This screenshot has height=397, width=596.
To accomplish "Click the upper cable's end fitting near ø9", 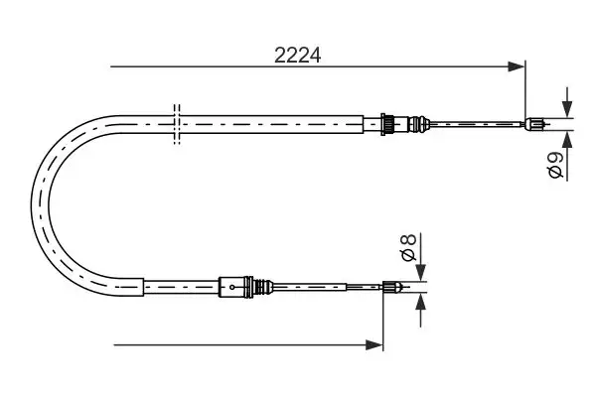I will tap(534, 124).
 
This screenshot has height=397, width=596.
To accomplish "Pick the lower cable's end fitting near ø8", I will tap(393, 289).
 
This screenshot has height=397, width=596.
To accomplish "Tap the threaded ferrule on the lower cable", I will tap(262, 288).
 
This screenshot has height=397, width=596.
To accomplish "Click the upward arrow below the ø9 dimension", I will tap(566, 140).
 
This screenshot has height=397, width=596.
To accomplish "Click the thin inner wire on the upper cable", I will tap(477, 124).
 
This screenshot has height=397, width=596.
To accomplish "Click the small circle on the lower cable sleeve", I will tap(231, 289).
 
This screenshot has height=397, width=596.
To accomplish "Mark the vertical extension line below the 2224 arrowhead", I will tap(524, 94).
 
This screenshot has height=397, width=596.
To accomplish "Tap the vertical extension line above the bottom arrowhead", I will tap(382, 318).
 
